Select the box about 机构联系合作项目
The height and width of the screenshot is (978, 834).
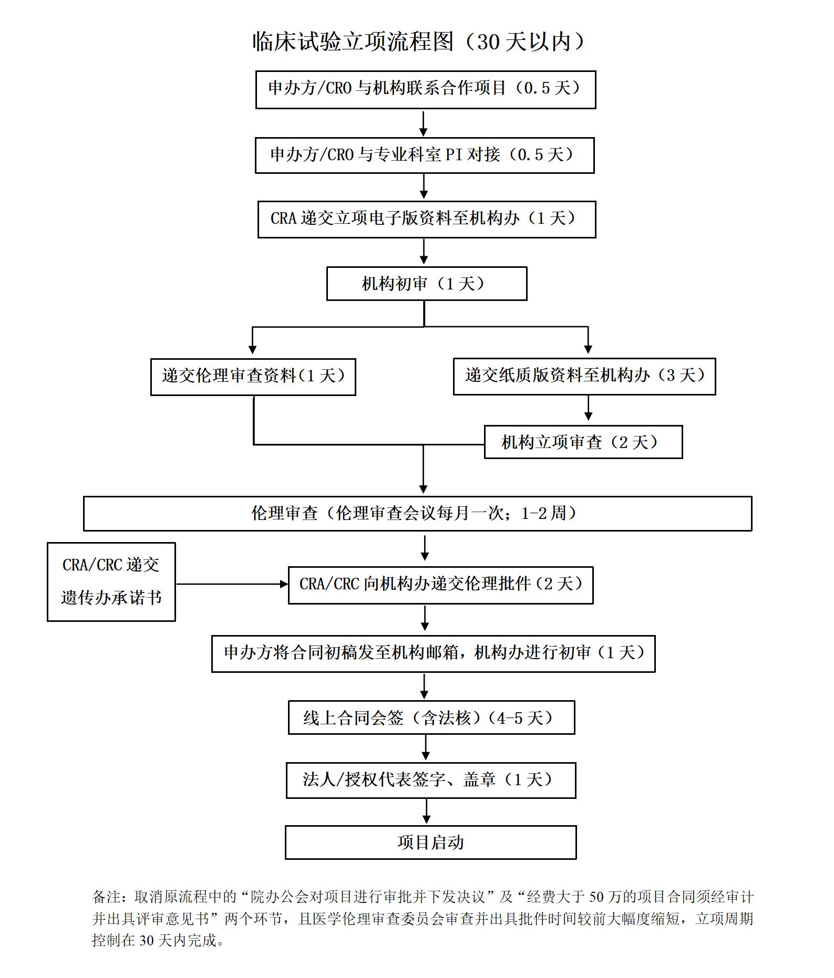click(425, 89)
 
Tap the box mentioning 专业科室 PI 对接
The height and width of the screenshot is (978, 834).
click(424, 155)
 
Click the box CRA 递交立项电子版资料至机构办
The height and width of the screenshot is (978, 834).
click(426, 219)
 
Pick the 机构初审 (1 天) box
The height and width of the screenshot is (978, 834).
click(426, 284)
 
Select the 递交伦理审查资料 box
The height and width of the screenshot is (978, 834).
click(253, 377)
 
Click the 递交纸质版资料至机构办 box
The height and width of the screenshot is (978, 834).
click(584, 376)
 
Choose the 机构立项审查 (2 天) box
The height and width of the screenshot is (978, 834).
click(583, 442)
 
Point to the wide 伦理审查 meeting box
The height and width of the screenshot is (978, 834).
click(417, 513)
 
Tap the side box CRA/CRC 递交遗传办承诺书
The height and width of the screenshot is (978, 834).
click(111, 581)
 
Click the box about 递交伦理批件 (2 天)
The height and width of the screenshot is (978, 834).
click(440, 585)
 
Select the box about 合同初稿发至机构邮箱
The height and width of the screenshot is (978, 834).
click(433, 653)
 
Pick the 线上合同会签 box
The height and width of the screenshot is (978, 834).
click(431, 717)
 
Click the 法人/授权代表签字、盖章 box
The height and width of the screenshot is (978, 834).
click(430, 780)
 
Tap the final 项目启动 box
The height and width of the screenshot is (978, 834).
click(430, 842)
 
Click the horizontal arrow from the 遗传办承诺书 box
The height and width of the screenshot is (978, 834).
click(231, 584)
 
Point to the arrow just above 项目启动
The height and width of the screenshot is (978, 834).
click(426, 811)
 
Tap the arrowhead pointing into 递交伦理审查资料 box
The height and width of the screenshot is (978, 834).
click(252, 349)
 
